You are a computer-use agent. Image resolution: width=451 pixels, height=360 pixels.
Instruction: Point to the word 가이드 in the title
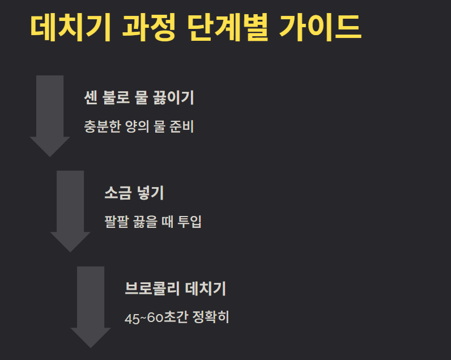click(x=320, y=27)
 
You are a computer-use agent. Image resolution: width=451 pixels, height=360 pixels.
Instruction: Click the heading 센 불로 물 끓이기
click(x=138, y=98)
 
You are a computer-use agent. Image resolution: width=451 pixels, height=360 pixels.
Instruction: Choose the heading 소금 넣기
click(x=134, y=193)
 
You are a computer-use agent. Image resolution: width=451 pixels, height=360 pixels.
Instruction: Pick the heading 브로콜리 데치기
click(x=176, y=289)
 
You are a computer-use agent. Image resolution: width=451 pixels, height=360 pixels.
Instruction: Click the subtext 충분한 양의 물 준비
click(x=138, y=126)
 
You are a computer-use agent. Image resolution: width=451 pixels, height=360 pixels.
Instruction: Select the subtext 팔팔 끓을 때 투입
click(x=153, y=222)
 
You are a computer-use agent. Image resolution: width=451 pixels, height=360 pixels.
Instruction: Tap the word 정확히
click(x=211, y=317)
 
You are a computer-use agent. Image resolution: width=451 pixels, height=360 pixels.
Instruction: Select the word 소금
click(x=117, y=193)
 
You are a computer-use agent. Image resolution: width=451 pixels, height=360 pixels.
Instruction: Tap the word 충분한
click(x=102, y=126)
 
